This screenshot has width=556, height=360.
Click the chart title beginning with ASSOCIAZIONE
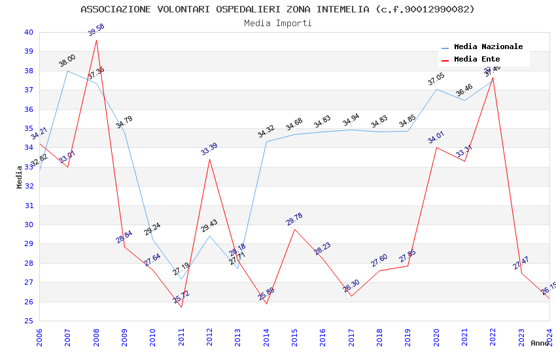[277, 9]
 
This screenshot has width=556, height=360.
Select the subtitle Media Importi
[277, 23]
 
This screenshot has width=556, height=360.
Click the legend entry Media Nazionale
[488, 47]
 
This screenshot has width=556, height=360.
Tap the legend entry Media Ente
[477, 60]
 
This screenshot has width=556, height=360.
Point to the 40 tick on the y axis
[28, 32]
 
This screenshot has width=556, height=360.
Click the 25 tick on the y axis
[28, 321]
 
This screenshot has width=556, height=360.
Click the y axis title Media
[20, 177]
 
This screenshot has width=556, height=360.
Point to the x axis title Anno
[540, 343]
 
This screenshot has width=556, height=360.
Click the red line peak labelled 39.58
[96, 41]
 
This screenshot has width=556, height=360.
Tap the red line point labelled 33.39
[209, 159]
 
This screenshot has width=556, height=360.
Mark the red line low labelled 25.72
[181, 307]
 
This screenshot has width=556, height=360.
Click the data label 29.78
[294, 219]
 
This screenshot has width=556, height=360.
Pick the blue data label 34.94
[351, 120]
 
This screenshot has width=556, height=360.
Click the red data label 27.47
[521, 263]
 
